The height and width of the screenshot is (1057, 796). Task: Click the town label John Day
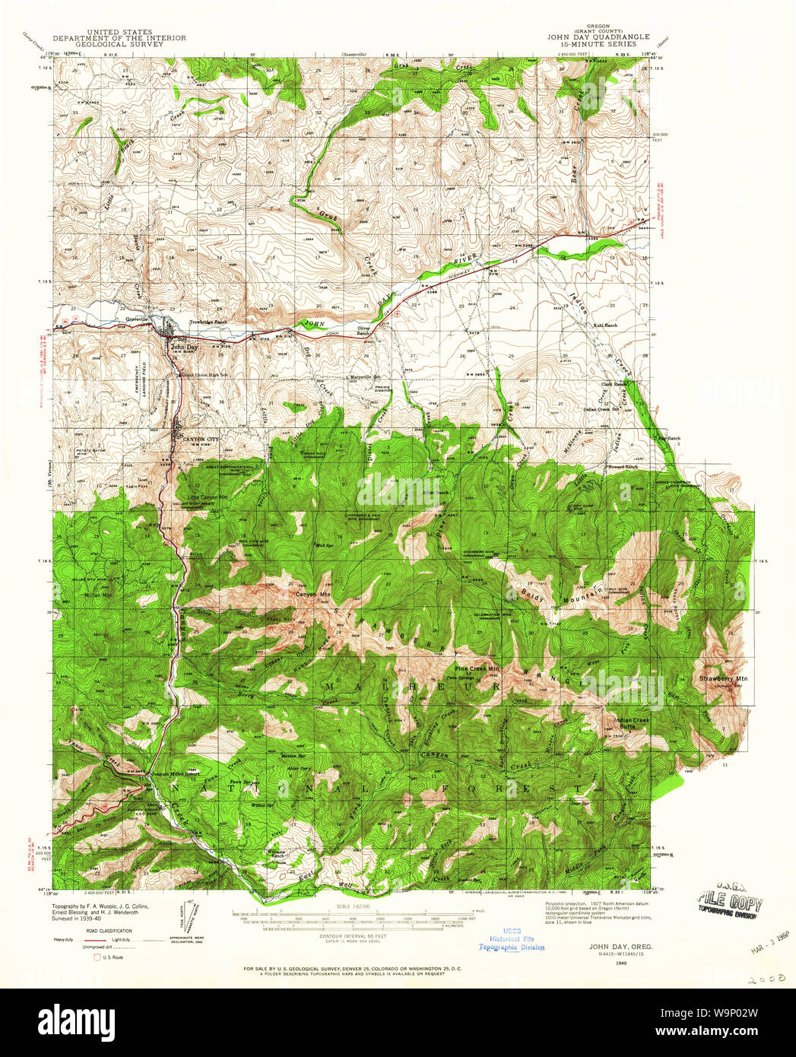point(184,347)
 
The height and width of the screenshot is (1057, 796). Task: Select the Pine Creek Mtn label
point(477,669)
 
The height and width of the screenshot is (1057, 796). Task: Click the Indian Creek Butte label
point(631,723)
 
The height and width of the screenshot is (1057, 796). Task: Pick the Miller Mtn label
point(98,595)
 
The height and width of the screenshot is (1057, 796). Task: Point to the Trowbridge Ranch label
point(208,322)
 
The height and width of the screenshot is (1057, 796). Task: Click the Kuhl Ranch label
point(605,325)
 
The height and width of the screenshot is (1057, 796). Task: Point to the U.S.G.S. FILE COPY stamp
point(729,903)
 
